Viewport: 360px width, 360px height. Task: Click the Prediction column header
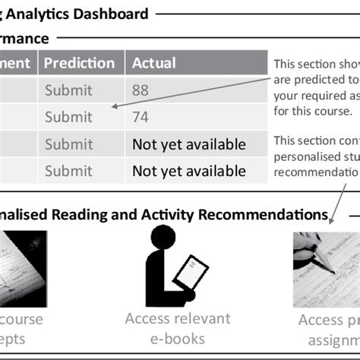pos(79,63)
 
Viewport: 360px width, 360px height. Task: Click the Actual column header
pos(153,63)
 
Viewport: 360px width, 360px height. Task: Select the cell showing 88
pos(141,90)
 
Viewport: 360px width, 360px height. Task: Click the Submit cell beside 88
pos(69,90)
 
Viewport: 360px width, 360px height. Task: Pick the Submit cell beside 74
pos(69,117)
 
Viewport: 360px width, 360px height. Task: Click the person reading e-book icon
pos(170,265)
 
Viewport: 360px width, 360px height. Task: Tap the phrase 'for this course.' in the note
pos(312,110)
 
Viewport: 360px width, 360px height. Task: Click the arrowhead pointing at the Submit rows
pos(113,107)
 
